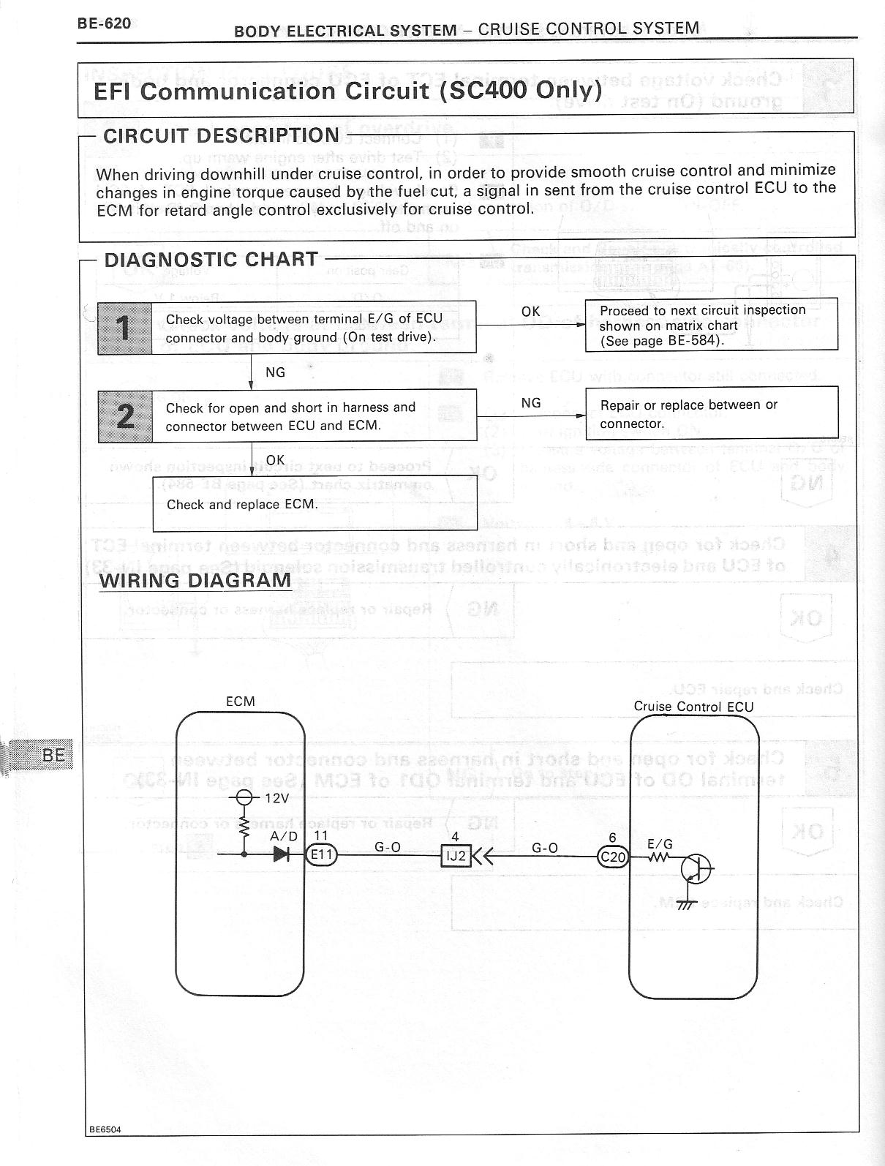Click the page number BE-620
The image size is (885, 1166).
[104, 23]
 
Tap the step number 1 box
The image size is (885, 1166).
[125, 328]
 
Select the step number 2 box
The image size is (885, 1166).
[125, 415]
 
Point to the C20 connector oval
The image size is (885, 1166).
[613, 857]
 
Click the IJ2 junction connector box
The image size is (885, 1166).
[456, 855]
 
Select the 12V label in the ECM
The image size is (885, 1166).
[276, 798]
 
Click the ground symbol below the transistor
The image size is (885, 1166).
[685, 904]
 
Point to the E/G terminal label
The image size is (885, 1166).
[660, 844]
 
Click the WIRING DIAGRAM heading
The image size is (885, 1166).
[195, 580]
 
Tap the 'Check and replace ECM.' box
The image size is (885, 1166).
[315, 504]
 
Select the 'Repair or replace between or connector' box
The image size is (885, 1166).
[711, 413]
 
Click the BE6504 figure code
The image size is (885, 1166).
[105, 1149]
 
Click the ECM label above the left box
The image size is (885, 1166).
[241, 702]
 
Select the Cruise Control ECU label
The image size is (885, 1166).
[693, 706]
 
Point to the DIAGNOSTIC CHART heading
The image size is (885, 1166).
[211, 260]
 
